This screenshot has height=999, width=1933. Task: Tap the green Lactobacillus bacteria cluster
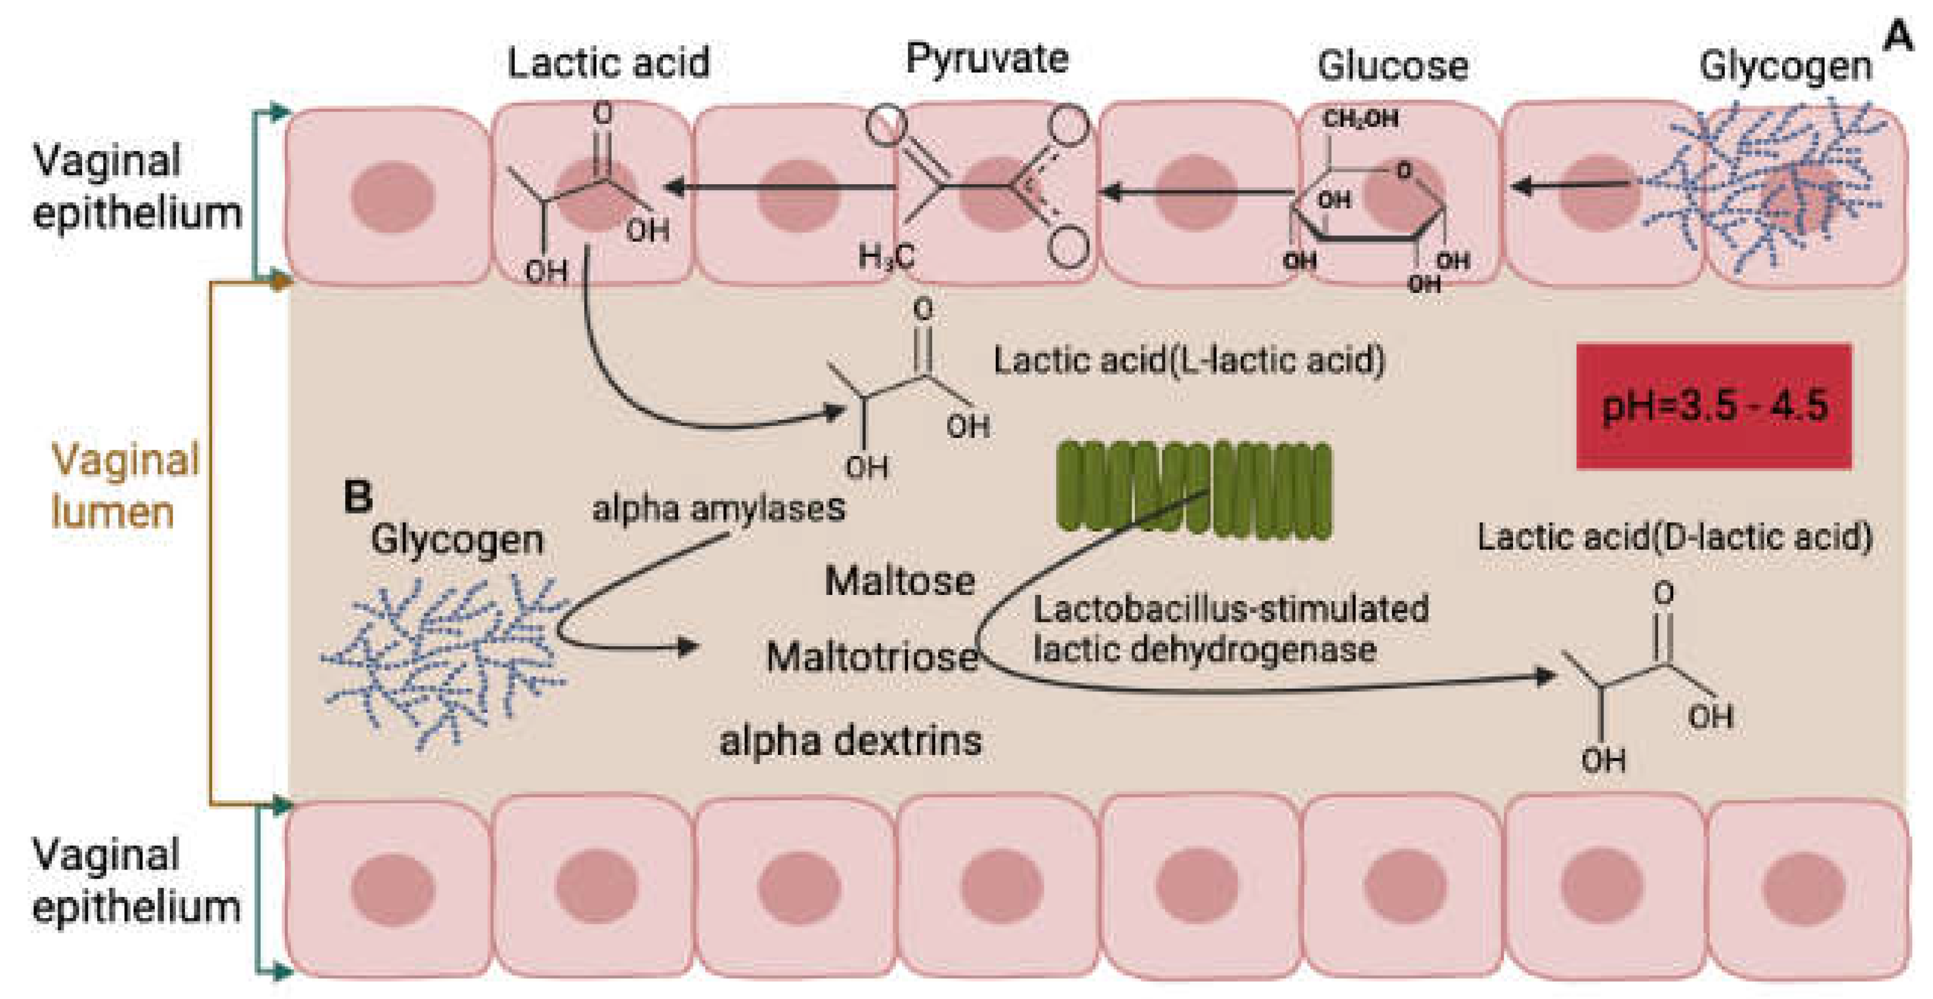tap(1193, 491)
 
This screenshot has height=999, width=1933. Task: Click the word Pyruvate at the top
tap(987, 59)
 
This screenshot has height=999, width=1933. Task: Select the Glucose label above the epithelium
tap(1393, 66)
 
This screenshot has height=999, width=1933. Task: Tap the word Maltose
tap(900, 581)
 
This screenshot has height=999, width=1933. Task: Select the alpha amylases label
tap(718, 509)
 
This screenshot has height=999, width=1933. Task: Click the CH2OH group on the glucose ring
tap(1360, 118)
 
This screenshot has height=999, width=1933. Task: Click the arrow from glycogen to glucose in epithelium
tap(1568, 185)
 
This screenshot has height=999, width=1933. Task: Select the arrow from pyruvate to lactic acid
tap(780, 186)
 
